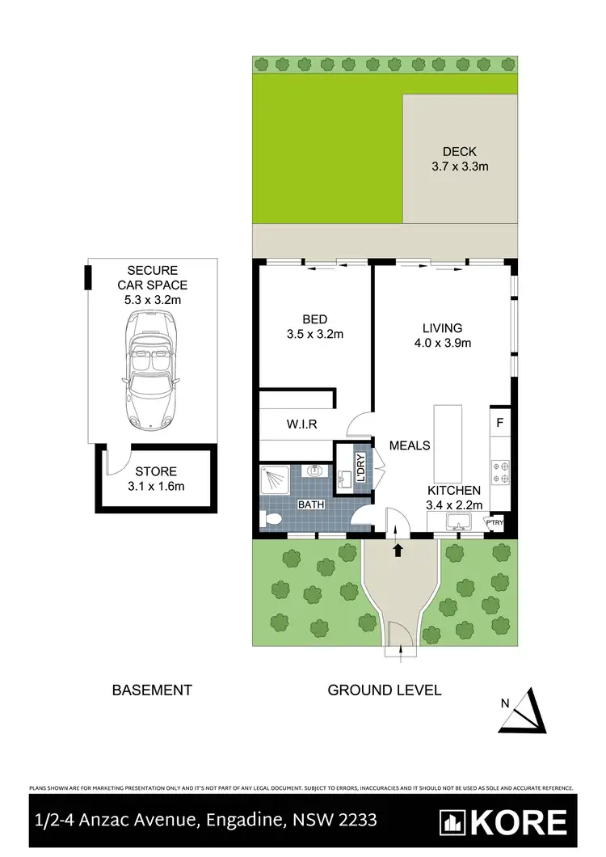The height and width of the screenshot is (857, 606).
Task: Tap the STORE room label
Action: pos(156,471)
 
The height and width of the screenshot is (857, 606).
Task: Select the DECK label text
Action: pos(459,151)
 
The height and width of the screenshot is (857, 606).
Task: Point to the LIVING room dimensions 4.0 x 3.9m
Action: pos(442,343)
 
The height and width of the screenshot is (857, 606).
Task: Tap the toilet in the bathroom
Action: pos(273,520)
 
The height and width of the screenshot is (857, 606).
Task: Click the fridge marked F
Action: pos(500,422)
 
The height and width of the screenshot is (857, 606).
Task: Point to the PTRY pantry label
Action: pos(494,522)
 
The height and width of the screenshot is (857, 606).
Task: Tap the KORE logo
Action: pos(503,823)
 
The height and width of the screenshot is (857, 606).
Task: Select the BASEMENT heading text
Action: pos(152,690)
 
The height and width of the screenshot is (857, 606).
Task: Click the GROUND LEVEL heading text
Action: pos(384,690)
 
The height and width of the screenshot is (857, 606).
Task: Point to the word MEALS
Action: pos(409,445)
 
